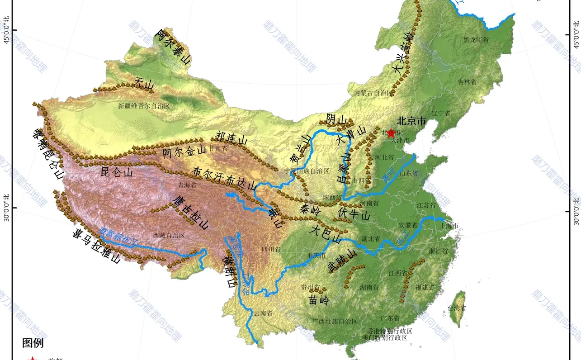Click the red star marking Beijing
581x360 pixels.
(391, 133)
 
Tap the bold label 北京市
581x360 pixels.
(411, 121)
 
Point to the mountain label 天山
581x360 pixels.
(144, 84)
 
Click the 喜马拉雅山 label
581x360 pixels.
(96, 246)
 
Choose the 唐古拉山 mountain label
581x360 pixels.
(190, 212)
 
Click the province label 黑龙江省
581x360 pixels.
(476, 40)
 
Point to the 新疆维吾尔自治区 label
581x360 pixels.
(144, 106)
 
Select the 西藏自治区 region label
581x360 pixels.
(169, 235)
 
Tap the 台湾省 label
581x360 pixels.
(457, 308)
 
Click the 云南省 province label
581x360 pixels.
(263, 313)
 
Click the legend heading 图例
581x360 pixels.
(33, 343)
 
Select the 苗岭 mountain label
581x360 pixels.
(319, 300)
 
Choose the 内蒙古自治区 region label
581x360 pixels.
(373, 93)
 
